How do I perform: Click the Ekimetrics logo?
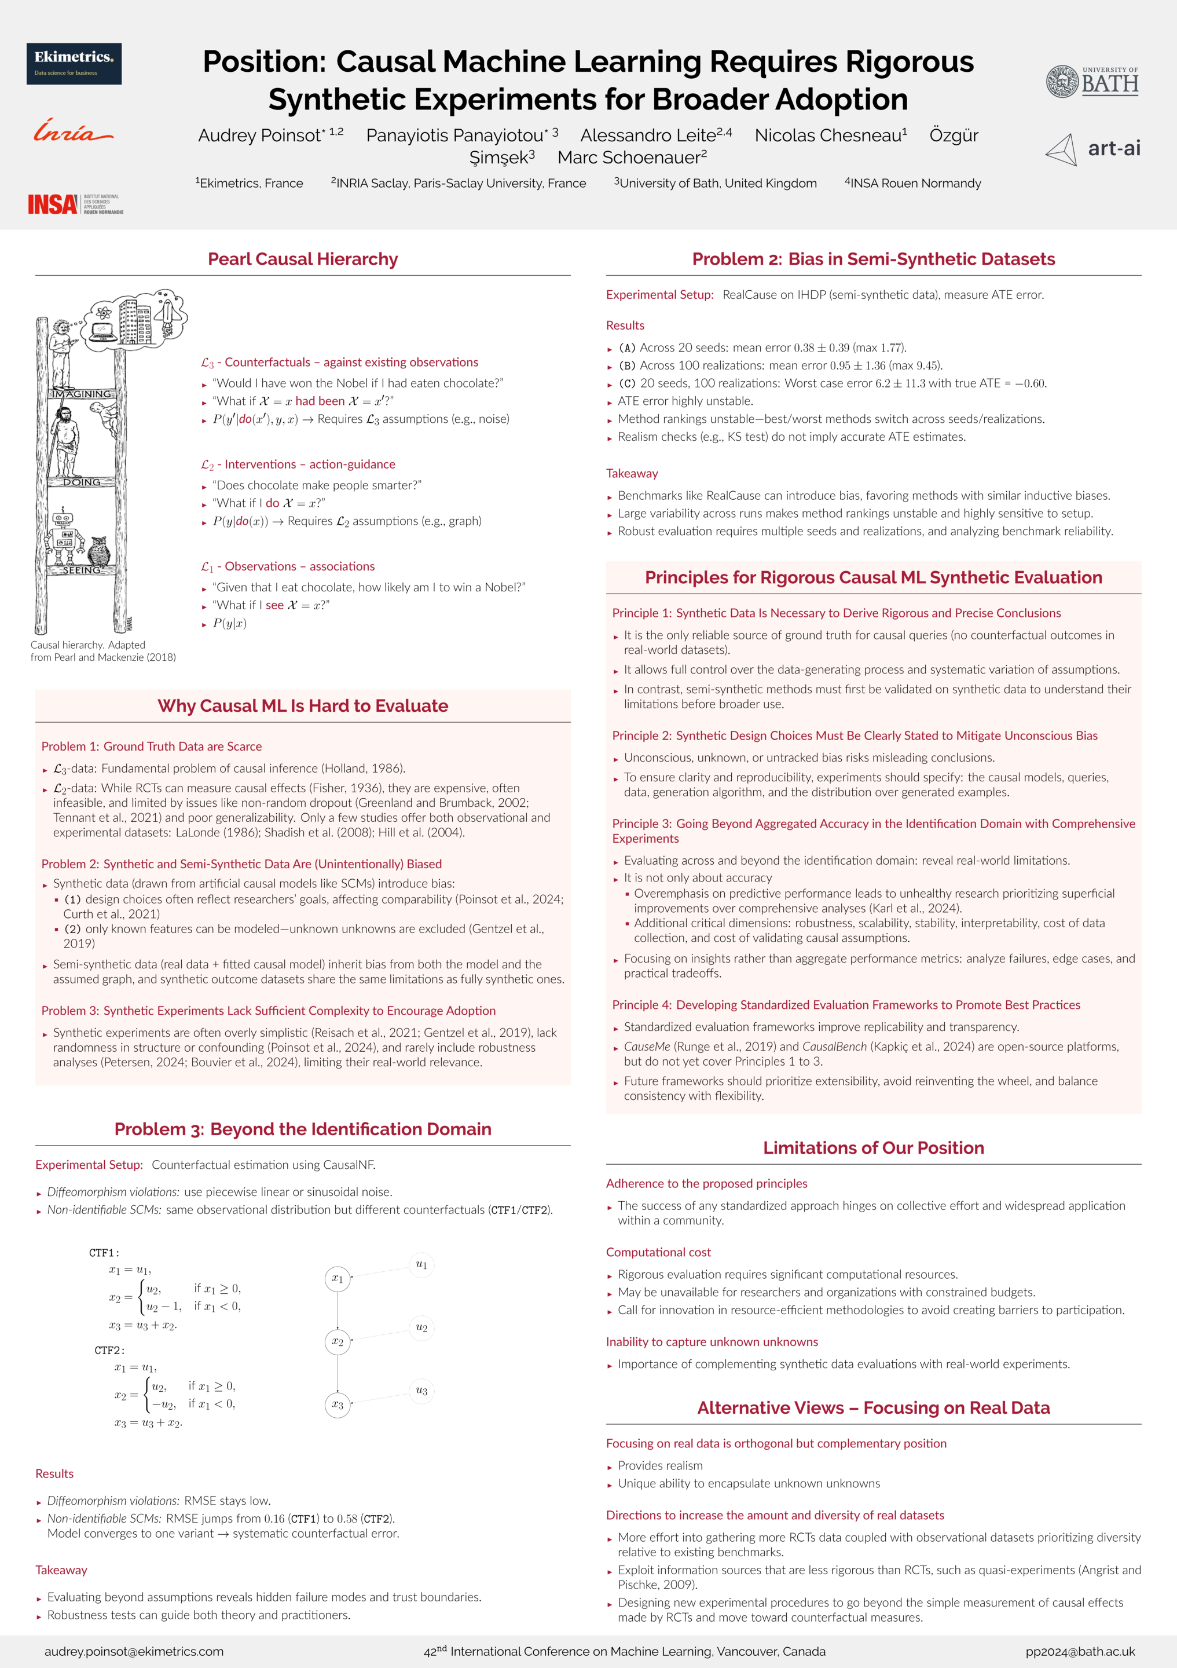click(74, 64)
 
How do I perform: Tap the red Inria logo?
click(72, 131)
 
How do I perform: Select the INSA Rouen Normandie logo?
click(75, 204)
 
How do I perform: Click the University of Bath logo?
click(1092, 81)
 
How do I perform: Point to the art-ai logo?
click(1093, 149)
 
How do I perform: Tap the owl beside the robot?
click(99, 551)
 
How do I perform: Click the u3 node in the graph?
click(421, 1391)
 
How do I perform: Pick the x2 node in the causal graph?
click(338, 1341)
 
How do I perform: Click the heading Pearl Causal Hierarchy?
click(303, 259)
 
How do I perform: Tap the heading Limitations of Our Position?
click(874, 1148)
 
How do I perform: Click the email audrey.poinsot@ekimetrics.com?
click(134, 1651)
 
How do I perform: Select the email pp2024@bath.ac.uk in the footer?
click(1080, 1651)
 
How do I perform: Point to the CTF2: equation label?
click(109, 1351)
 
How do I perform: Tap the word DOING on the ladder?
click(81, 482)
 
